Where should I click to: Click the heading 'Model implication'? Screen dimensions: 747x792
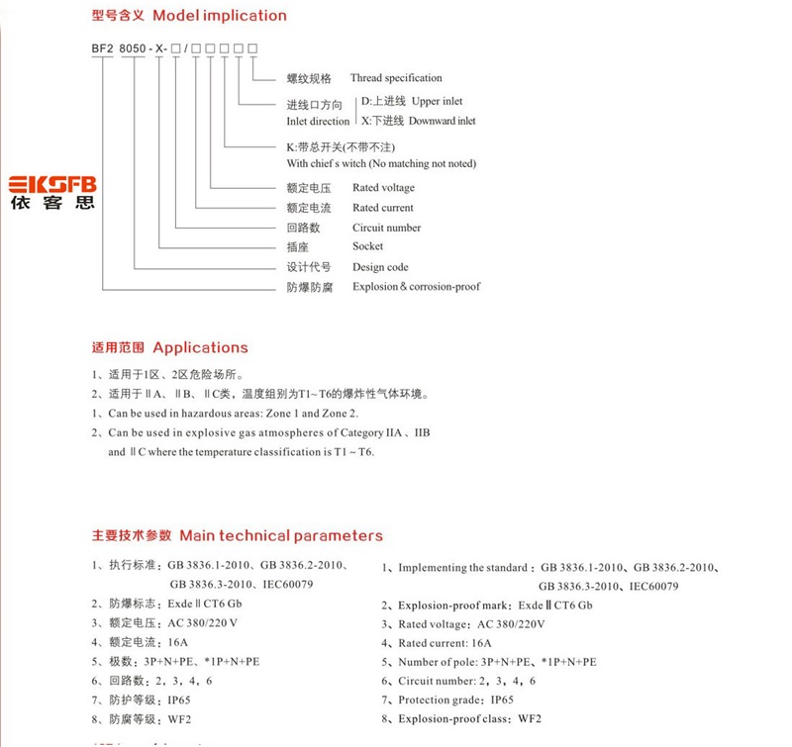[220, 16]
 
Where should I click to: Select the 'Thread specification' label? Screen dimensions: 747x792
[396, 78]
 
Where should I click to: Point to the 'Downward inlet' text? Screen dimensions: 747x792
[442, 121]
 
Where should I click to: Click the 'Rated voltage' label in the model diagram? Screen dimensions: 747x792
[383, 188]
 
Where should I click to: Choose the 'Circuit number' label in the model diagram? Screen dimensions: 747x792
[386, 228]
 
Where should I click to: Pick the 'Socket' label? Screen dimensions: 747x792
[367, 246]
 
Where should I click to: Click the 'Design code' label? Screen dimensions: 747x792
[380, 267]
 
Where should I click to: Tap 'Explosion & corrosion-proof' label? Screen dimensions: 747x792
[416, 287]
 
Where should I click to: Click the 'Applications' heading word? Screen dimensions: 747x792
[200, 347]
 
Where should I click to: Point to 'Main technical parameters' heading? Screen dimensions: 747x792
[280, 535]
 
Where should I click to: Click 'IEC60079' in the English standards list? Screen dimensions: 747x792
[650, 586]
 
